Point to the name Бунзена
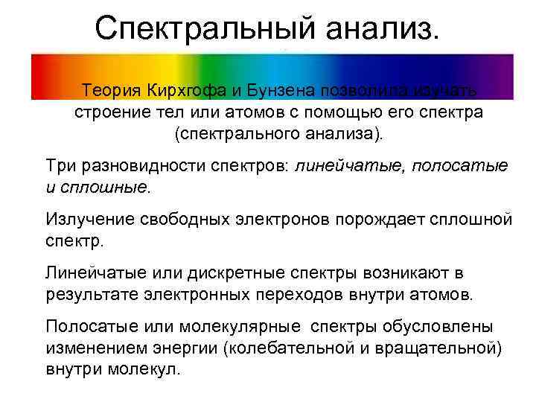(280, 91)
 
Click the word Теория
(112, 91)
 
